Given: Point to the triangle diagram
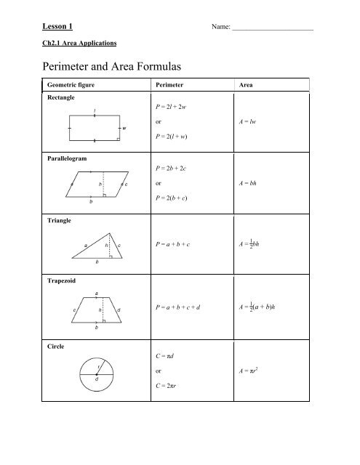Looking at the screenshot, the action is (97, 246).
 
